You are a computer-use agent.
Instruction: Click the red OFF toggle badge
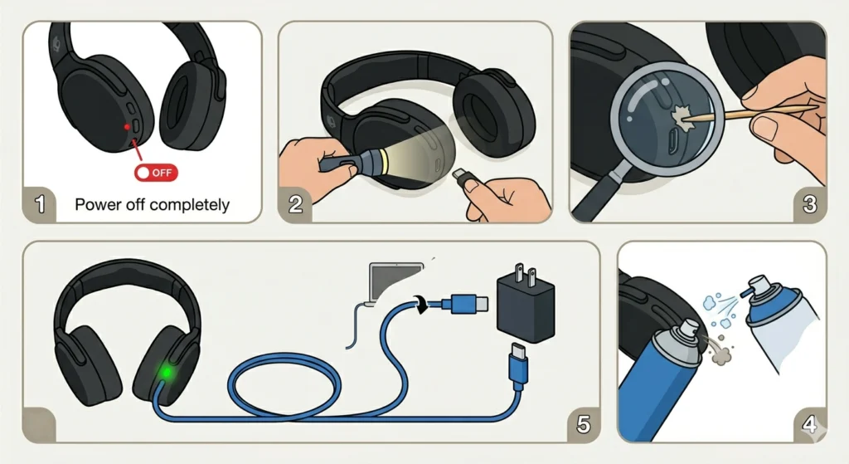pyautogui.click(x=156, y=173)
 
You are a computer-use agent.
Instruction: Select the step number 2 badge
pyautogui.click(x=295, y=204)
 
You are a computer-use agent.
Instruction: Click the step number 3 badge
pyautogui.click(x=810, y=204)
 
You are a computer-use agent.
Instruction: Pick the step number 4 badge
pyautogui.click(x=809, y=424)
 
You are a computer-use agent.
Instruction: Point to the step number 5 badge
pyautogui.click(x=583, y=424)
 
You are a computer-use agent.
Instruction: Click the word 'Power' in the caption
pyautogui.click(x=98, y=204)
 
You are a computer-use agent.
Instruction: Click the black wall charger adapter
pyautogui.click(x=524, y=306)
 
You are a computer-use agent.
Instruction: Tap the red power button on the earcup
pyautogui.click(x=126, y=125)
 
